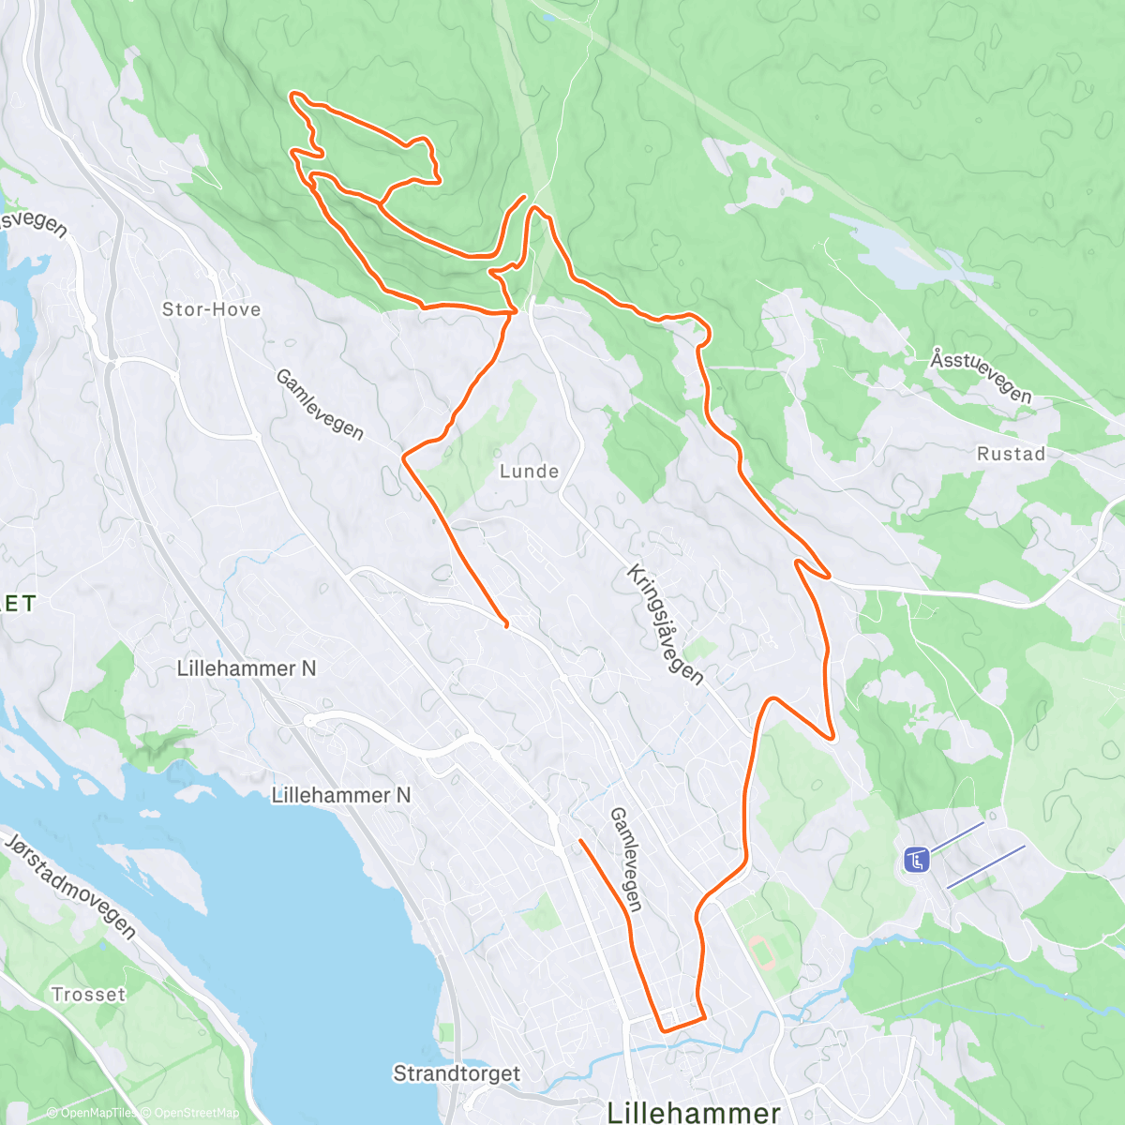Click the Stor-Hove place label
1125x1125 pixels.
point(211,309)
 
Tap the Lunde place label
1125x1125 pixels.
point(529,472)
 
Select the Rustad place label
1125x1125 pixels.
point(1011,454)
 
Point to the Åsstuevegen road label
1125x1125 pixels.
point(981,376)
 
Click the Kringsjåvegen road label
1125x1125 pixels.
point(665,624)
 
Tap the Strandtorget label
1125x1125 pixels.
point(457,1073)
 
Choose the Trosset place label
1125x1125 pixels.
point(88,995)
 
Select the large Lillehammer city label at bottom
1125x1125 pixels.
point(694,1113)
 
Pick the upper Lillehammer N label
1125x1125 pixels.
point(247,668)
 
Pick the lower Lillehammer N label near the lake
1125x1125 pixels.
point(341,795)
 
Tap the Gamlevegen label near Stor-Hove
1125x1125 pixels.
point(319,404)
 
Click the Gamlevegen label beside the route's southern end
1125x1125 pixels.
point(626,860)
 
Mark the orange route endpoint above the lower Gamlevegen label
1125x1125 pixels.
point(581,841)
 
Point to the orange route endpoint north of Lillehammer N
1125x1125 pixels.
point(506,625)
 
